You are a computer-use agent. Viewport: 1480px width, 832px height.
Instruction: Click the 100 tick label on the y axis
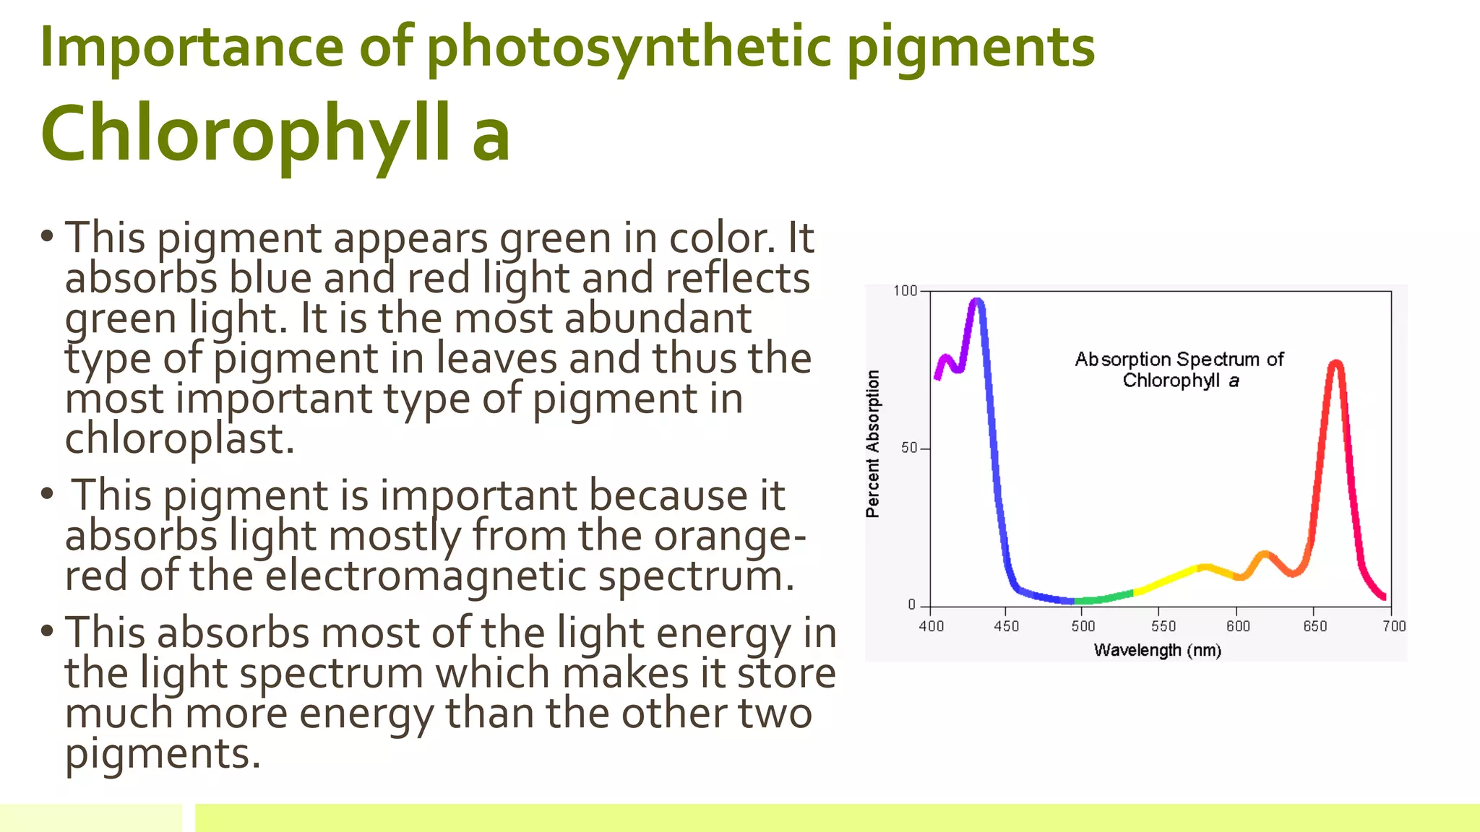[x=905, y=291]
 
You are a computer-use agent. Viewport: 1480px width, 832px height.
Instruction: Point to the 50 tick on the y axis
[x=909, y=448]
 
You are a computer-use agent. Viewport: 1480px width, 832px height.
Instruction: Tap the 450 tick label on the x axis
[x=1006, y=626]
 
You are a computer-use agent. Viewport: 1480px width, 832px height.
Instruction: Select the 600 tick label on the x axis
[x=1238, y=626]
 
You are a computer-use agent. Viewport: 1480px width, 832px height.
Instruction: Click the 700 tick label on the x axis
[x=1394, y=626]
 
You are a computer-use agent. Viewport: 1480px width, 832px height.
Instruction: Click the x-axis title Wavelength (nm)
[x=1158, y=650]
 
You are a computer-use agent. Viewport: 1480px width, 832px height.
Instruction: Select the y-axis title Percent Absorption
[x=873, y=443]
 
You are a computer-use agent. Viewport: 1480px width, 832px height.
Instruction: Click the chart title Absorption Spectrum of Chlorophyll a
[x=1179, y=369]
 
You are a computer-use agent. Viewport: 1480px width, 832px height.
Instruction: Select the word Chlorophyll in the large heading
[x=246, y=134]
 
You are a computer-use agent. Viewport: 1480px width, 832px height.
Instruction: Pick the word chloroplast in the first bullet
[x=179, y=439]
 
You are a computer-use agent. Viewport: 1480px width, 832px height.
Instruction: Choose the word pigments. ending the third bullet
[x=163, y=754]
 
